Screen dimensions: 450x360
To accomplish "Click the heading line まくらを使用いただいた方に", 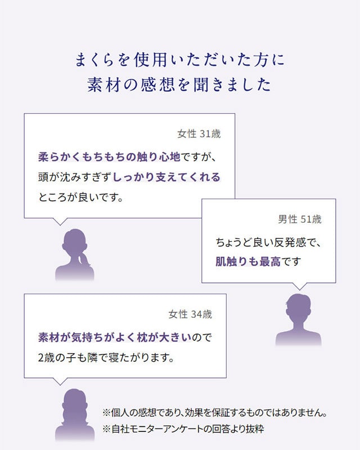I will tap(180, 58).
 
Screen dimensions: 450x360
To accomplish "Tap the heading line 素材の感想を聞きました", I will tap(180, 84).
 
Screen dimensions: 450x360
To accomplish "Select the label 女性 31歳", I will tap(199, 134).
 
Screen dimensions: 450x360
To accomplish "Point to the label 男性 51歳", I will tap(300, 219).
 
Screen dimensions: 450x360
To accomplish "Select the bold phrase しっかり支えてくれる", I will tap(166, 177).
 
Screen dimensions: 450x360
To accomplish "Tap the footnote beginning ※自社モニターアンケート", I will tap(183, 429).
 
